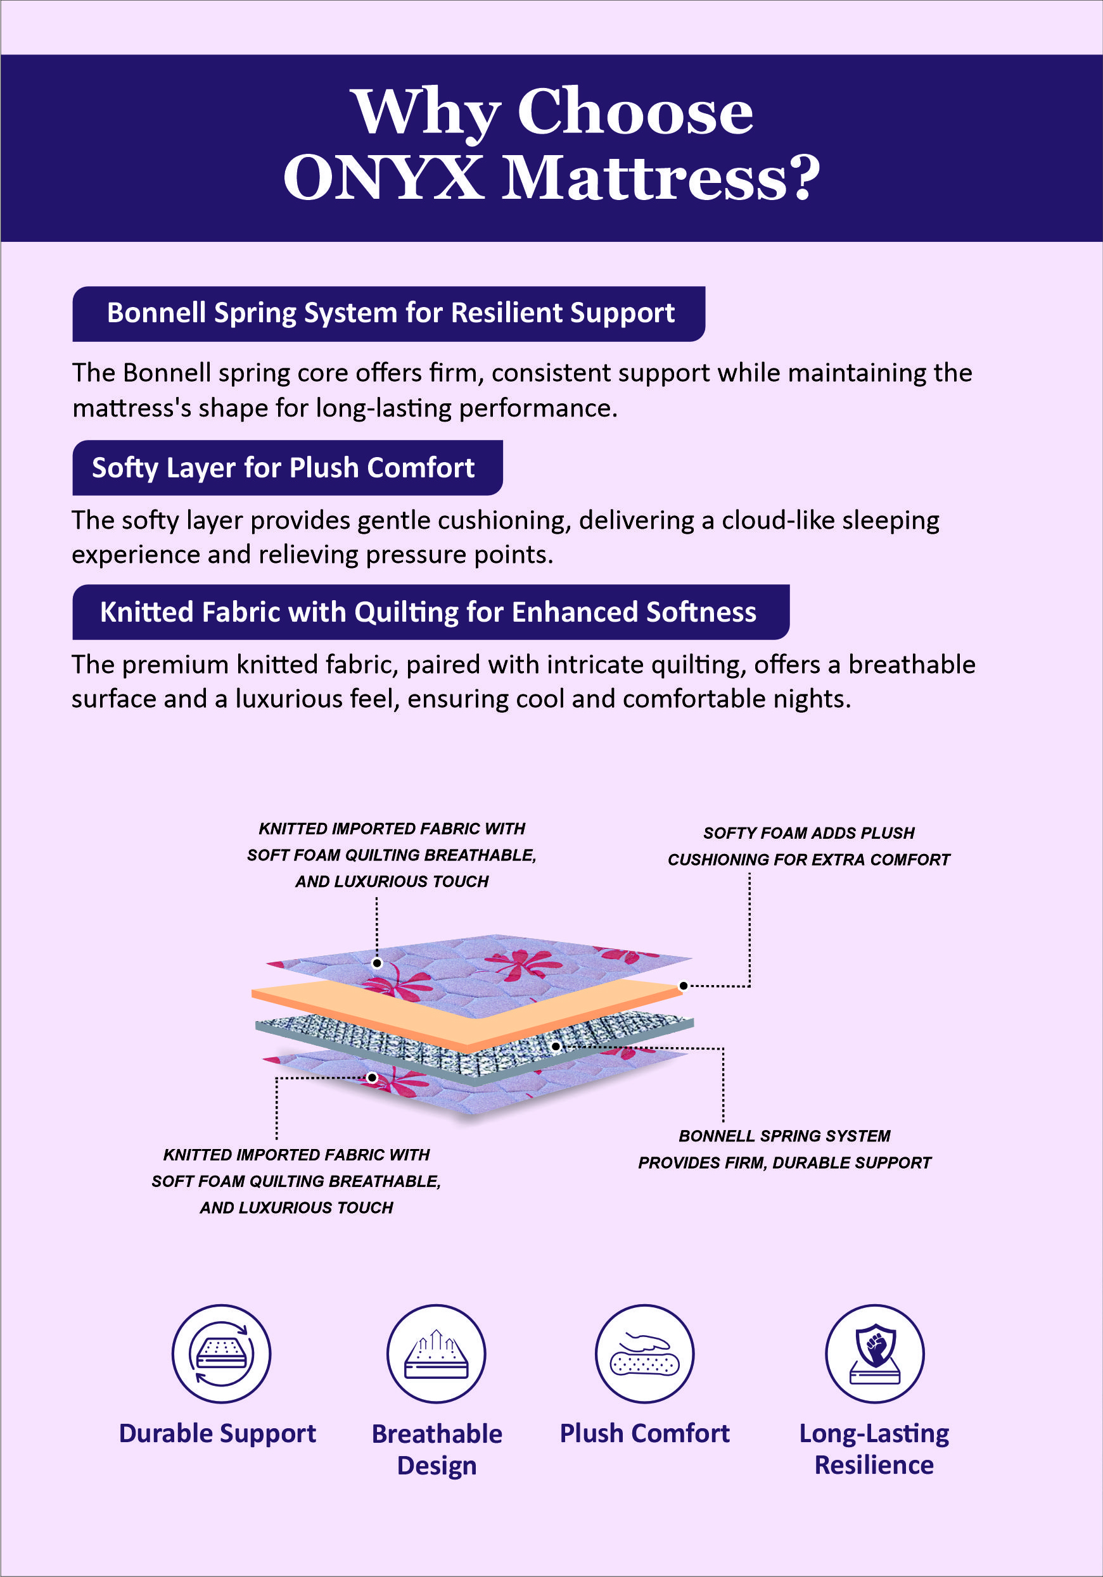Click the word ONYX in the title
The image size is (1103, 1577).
click(383, 177)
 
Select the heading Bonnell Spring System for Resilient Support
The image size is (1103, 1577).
click(390, 313)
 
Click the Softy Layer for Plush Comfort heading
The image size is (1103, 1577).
click(284, 468)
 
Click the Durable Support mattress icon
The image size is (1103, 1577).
click(221, 1353)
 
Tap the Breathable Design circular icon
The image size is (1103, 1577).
click(437, 1353)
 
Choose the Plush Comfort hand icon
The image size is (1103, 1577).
click(644, 1353)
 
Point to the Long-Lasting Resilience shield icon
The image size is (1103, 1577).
click(874, 1353)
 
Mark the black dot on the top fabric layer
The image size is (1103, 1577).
click(376, 963)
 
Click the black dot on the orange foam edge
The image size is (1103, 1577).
click(683, 986)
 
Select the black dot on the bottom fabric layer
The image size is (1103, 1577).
click(372, 1077)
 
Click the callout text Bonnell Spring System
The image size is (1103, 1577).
click(784, 1135)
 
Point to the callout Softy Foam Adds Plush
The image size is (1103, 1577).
click(808, 833)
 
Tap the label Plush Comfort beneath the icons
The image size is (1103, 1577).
click(644, 1433)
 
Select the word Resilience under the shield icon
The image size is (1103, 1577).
click(874, 1465)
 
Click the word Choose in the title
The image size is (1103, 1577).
click(635, 112)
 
